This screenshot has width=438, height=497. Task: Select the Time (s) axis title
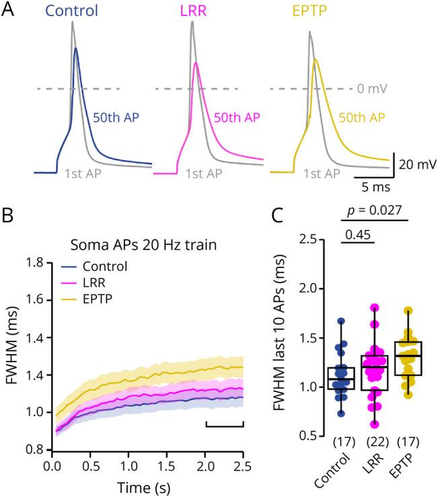pos(148,486)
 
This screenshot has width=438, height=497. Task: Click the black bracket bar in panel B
pos(224,425)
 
